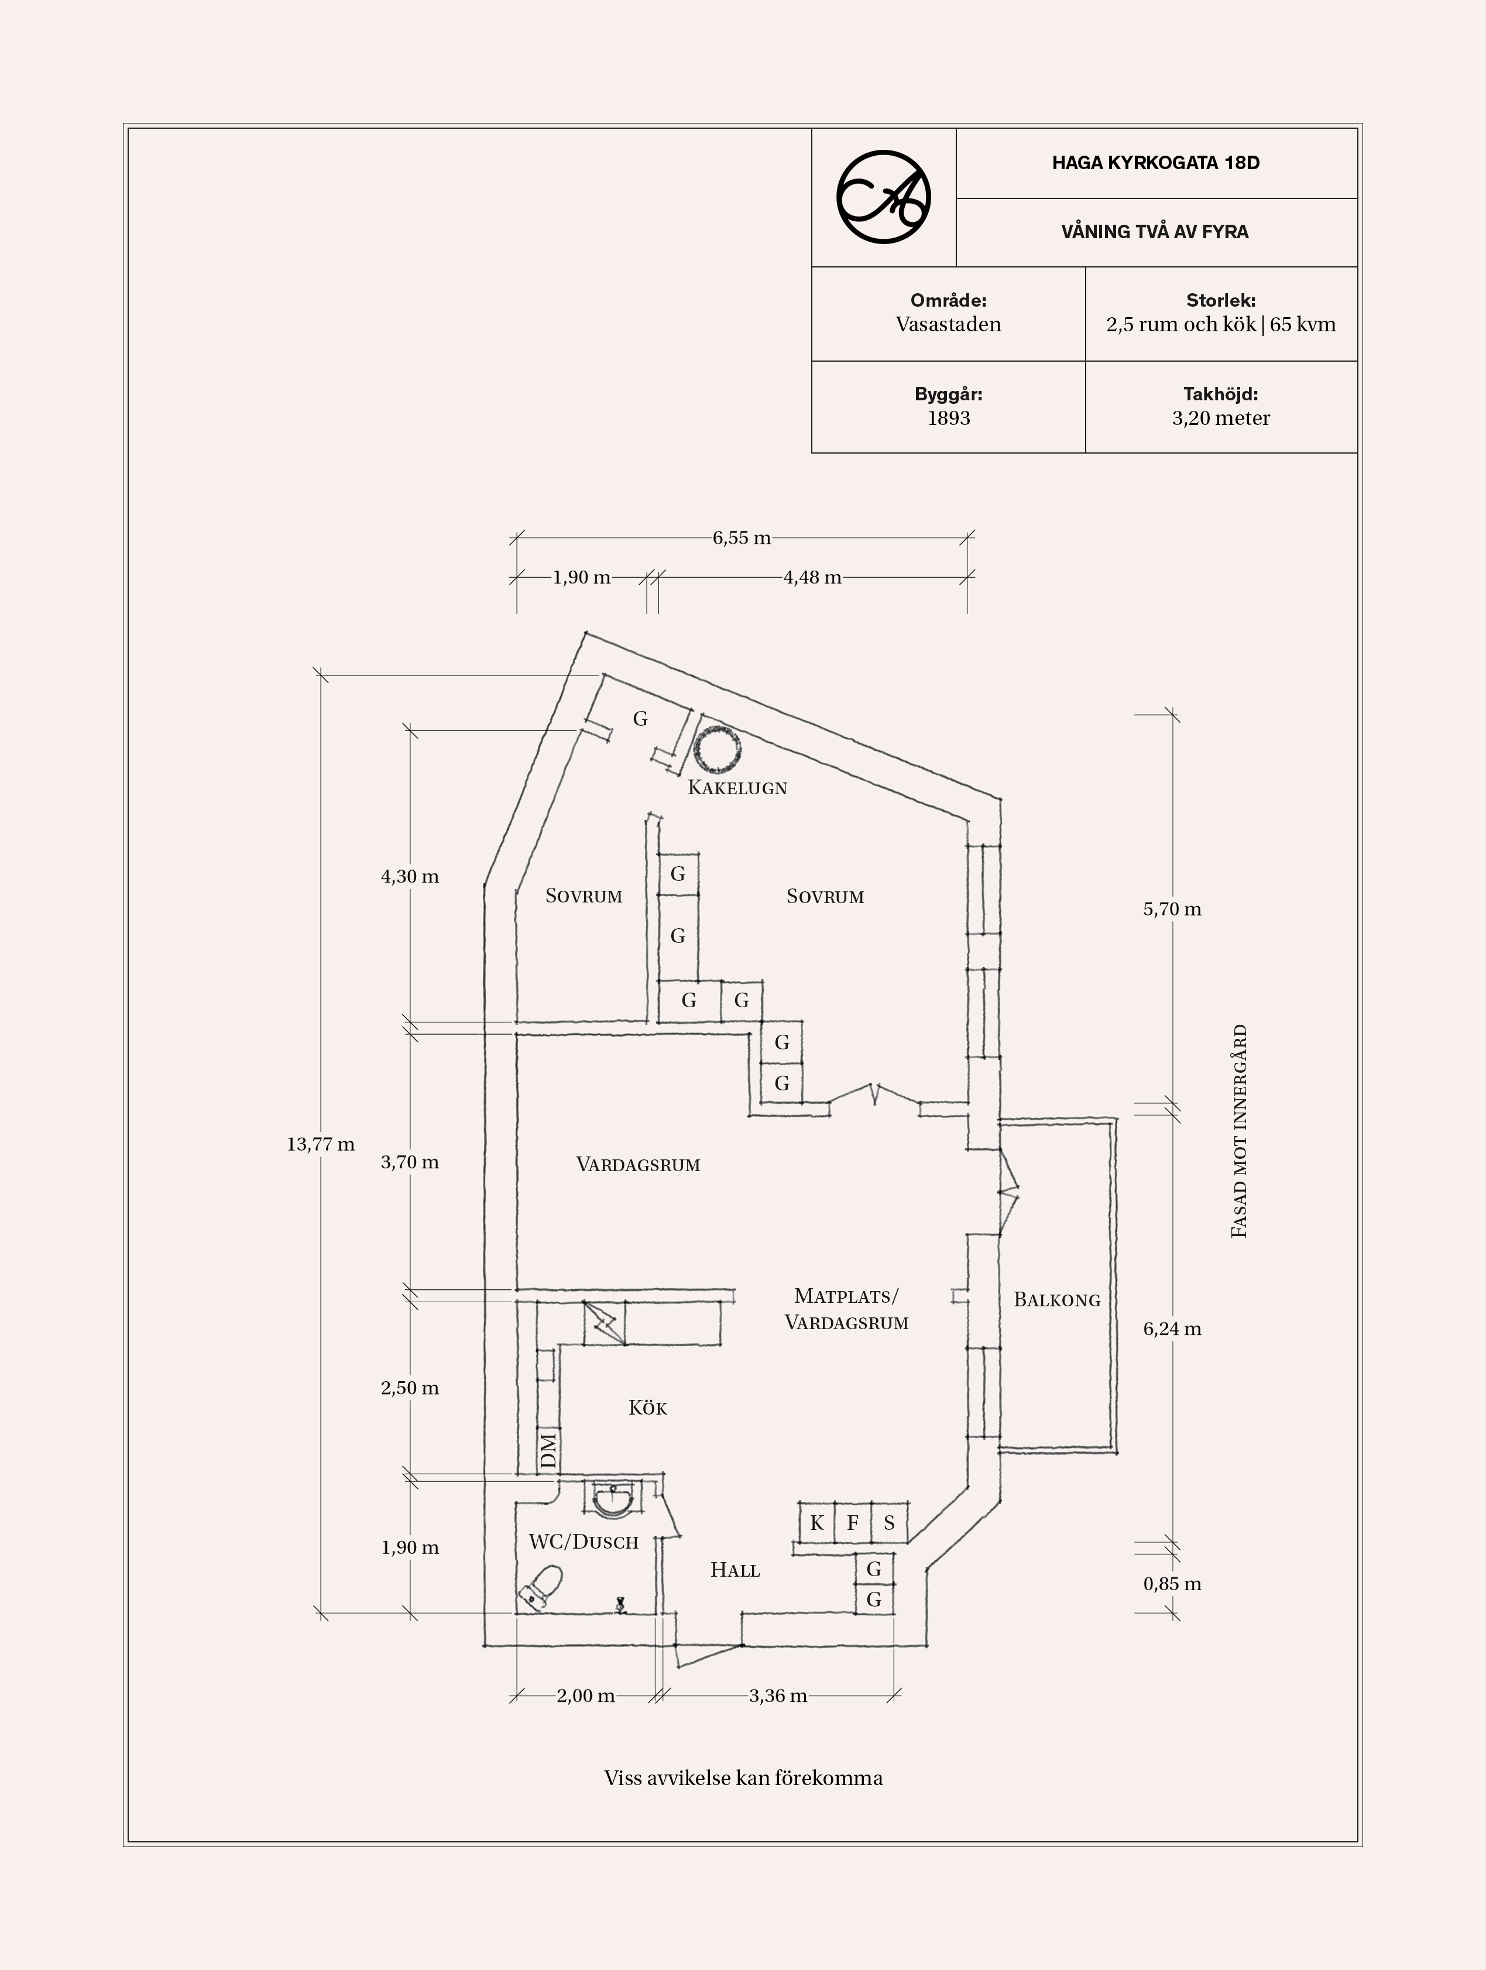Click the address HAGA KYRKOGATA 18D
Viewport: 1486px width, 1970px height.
point(1156,163)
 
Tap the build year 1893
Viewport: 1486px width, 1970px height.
point(948,418)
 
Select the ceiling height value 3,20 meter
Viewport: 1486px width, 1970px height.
point(1221,418)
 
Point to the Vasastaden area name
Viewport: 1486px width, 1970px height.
point(948,324)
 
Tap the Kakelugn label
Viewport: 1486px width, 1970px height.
point(737,787)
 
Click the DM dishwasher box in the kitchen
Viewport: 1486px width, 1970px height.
point(548,1451)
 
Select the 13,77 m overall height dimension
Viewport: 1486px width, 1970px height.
point(321,1144)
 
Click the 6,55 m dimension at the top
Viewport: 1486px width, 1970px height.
point(742,538)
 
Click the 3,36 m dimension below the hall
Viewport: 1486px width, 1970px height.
point(778,1696)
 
